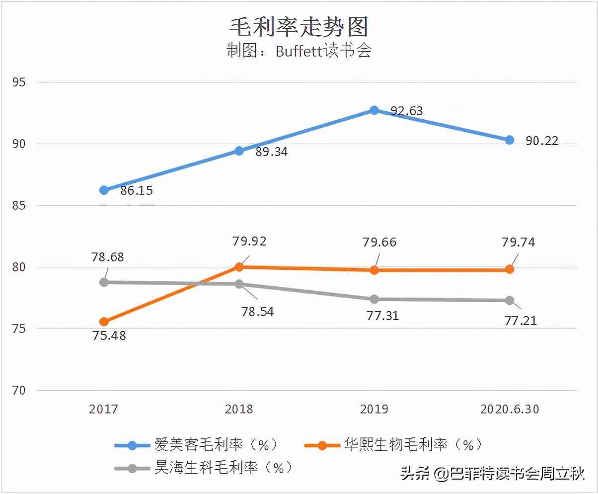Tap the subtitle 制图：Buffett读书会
click(299, 51)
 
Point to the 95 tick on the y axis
click(18, 82)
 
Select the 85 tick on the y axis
click(18, 205)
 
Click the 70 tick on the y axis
click(18, 391)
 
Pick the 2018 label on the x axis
click(239, 409)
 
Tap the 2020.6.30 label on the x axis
click(510, 409)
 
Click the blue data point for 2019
click(374, 110)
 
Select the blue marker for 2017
click(104, 190)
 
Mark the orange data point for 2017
click(104, 322)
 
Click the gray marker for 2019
click(374, 299)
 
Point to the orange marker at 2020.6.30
click(510, 269)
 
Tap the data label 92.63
click(407, 111)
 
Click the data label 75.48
click(109, 335)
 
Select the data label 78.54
click(257, 312)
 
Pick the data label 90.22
click(542, 141)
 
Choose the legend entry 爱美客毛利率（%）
click(217, 445)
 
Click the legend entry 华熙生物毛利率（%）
click(413, 445)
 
